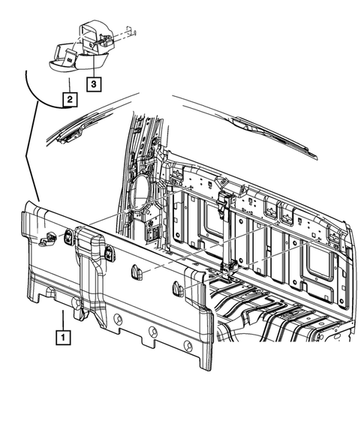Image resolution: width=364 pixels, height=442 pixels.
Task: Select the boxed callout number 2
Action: [x=68, y=98]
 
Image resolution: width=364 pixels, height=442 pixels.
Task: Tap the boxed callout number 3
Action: [x=94, y=84]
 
